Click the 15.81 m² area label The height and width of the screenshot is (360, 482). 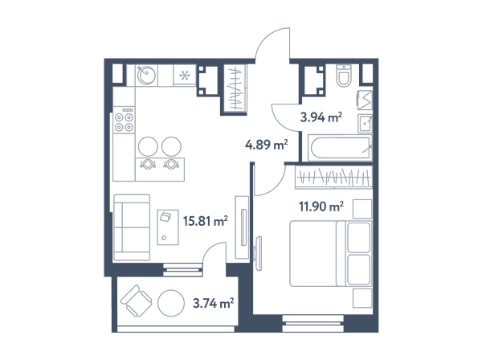coord(206,221)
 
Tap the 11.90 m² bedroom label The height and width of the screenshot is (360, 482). coord(321,207)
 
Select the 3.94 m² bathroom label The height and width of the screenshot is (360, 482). coord(321,117)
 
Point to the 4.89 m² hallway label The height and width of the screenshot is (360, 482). coord(266,144)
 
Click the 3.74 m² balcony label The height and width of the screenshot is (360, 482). coord(213,303)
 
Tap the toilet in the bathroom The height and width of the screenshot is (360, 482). coord(344,75)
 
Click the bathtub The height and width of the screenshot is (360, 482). coord(341,148)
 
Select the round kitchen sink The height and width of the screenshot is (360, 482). coord(146,75)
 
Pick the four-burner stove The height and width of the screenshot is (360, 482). coord(124,120)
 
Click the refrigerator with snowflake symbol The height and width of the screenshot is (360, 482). coord(185,75)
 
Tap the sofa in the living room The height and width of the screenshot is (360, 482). coord(132,227)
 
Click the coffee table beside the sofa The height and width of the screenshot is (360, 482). coord(168,227)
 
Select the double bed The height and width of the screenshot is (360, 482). coord(331,253)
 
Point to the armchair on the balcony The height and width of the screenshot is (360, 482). coord(137,301)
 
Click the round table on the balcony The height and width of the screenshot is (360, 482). coord(171,303)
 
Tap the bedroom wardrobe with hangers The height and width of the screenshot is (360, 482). coord(333,177)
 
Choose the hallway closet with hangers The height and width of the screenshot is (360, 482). coord(235,88)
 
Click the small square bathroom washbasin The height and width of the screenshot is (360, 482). coord(365,124)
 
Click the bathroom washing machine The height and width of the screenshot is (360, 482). coord(365,100)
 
